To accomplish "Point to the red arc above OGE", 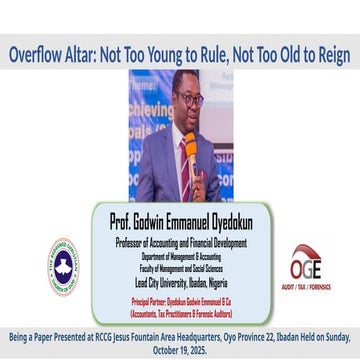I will (x=304, y=251).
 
